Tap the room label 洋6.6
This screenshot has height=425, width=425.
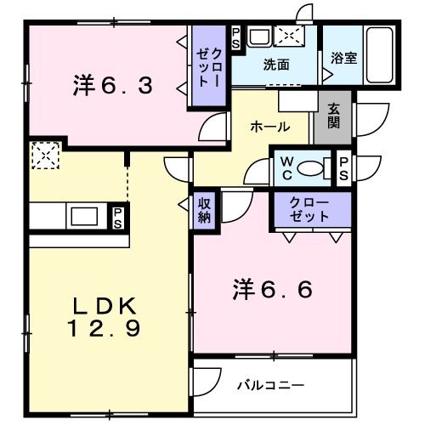[272, 290]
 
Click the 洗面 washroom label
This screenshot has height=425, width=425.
[276, 65]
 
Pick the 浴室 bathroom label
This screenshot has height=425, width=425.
[342, 59]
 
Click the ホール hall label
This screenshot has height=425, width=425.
[269, 126]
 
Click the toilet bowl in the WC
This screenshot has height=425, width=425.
[314, 167]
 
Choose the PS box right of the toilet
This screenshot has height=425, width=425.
[343, 167]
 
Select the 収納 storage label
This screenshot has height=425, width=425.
[205, 209]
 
